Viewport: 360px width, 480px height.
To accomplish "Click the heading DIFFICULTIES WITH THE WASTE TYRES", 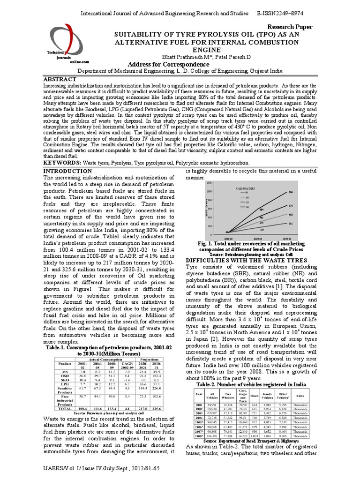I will click(240, 260).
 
